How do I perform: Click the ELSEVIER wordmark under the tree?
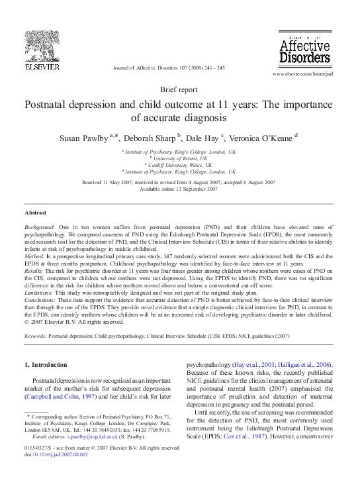[42, 66]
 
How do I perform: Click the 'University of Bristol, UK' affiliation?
[179, 158]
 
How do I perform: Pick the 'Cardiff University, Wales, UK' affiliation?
[179, 165]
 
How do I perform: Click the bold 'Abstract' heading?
[35, 213]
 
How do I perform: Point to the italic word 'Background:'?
[40, 226]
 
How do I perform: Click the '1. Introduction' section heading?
[45, 365]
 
